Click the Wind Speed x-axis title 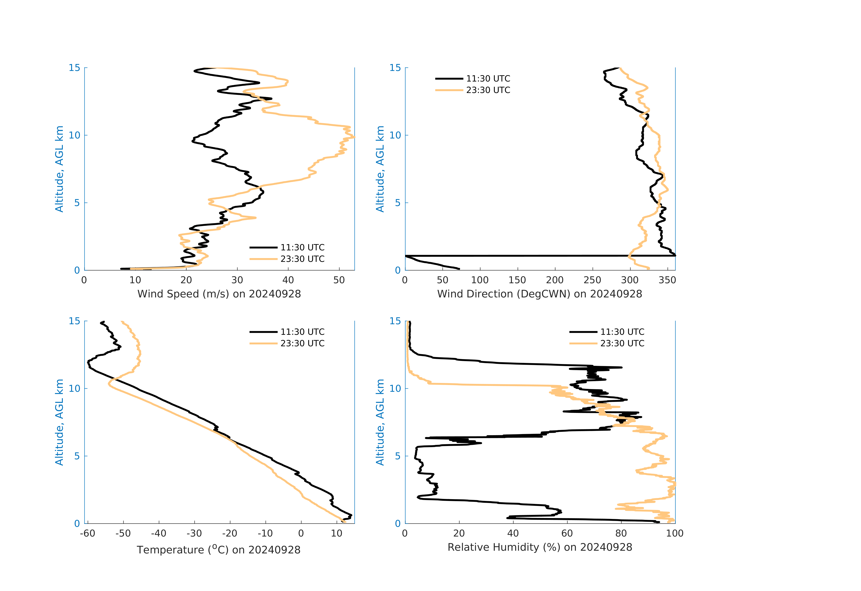219,294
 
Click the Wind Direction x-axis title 539,294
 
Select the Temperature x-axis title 219,550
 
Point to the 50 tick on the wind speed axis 339,280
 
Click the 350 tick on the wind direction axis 667,280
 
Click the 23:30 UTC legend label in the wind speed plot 302,259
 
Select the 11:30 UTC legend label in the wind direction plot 488,79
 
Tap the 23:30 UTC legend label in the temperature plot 302,344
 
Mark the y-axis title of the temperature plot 59,422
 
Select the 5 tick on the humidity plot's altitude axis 398,456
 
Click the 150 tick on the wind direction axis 517,280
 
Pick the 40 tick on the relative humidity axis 513,534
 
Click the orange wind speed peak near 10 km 354,137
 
